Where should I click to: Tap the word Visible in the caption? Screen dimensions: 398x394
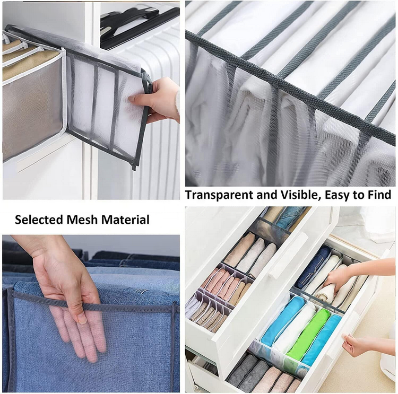(299, 195)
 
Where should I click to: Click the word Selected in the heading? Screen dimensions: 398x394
(39, 220)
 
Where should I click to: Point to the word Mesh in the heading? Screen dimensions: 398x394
(82, 220)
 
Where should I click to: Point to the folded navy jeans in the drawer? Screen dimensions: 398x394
(313, 266)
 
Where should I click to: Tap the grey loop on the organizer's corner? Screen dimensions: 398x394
(147, 82)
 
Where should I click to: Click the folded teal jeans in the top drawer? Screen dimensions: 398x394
(289, 217)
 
